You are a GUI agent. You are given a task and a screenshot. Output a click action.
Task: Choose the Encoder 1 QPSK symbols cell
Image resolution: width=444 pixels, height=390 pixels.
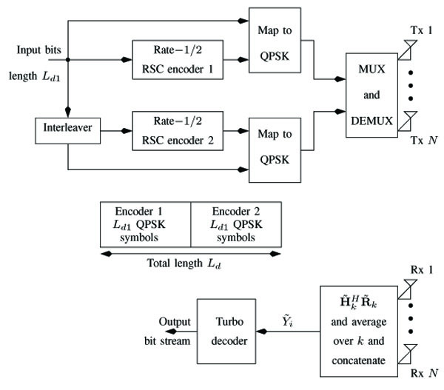point(145,223)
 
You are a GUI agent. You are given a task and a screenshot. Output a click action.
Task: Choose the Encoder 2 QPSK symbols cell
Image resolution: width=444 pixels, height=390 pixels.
point(235,223)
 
